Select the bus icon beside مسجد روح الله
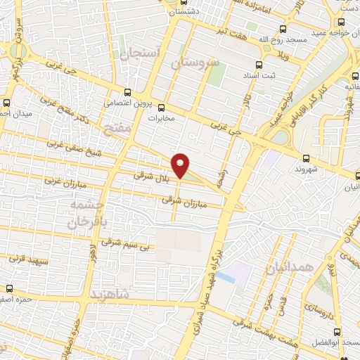[283, 30]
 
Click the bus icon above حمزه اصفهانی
[10, 288]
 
